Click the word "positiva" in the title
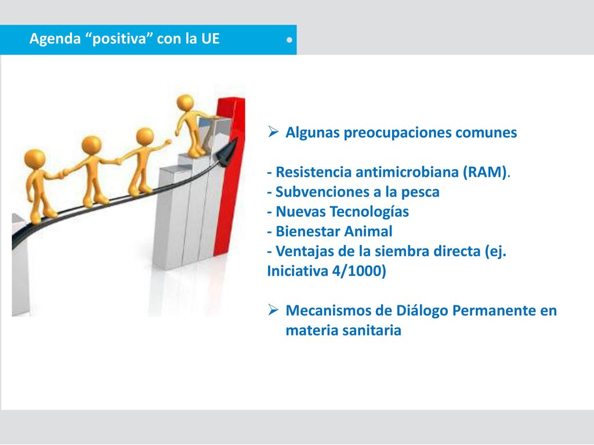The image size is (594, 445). tap(119, 39)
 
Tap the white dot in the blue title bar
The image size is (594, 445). tap(289, 40)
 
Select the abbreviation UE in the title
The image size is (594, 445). tap(210, 39)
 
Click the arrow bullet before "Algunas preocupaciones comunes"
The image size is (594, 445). tap(273, 132)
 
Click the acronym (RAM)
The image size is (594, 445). tap(485, 172)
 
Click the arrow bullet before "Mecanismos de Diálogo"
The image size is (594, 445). tap(273, 309)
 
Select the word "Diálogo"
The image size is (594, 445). tap(422, 311)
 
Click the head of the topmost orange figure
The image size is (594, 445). tap(185, 102)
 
